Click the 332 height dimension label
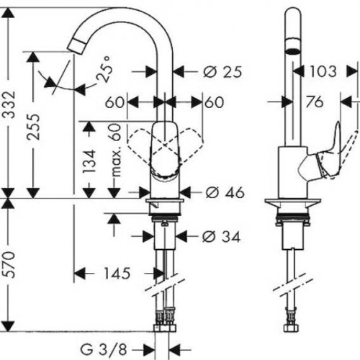[10, 104]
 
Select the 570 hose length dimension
[10, 264]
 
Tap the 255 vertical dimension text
[33, 127]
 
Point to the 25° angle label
[104, 69]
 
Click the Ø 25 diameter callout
[222, 71]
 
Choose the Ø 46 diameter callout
[225, 192]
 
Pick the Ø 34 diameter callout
[221, 237]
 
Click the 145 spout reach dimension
[117, 273]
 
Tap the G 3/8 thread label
[104, 350]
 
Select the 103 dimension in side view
[323, 71]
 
